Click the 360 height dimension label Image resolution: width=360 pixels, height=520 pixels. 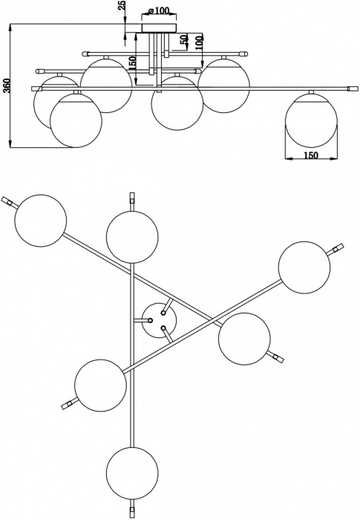pos(9,85)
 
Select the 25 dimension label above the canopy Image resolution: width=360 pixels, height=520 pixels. pos(122,5)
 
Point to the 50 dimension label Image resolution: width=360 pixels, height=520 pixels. pos(183,39)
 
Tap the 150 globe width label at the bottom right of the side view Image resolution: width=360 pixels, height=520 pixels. pos(310,155)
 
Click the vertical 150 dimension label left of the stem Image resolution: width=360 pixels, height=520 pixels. pos(132,63)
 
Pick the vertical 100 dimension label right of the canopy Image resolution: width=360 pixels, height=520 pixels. pos(198,43)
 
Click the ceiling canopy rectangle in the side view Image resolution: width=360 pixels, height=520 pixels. pos(159,28)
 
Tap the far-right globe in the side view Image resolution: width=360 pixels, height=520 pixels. pos(311,120)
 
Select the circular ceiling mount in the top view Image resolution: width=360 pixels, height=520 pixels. pos(159,320)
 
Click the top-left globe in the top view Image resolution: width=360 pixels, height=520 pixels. pos(41,221)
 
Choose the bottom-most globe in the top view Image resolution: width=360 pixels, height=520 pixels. pos(132,472)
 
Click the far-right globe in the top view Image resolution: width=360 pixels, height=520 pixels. pos(304,267)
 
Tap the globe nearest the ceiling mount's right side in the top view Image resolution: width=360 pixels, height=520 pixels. pos(244,339)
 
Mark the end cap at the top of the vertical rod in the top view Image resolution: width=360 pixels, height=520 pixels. pos(132,198)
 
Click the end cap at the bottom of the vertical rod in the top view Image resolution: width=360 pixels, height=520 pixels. pos(132,513)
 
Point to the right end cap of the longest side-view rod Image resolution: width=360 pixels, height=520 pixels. pos(353,88)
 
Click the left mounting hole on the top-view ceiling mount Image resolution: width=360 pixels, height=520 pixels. pos(150,321)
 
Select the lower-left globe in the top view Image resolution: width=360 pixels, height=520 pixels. pos(100,386)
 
